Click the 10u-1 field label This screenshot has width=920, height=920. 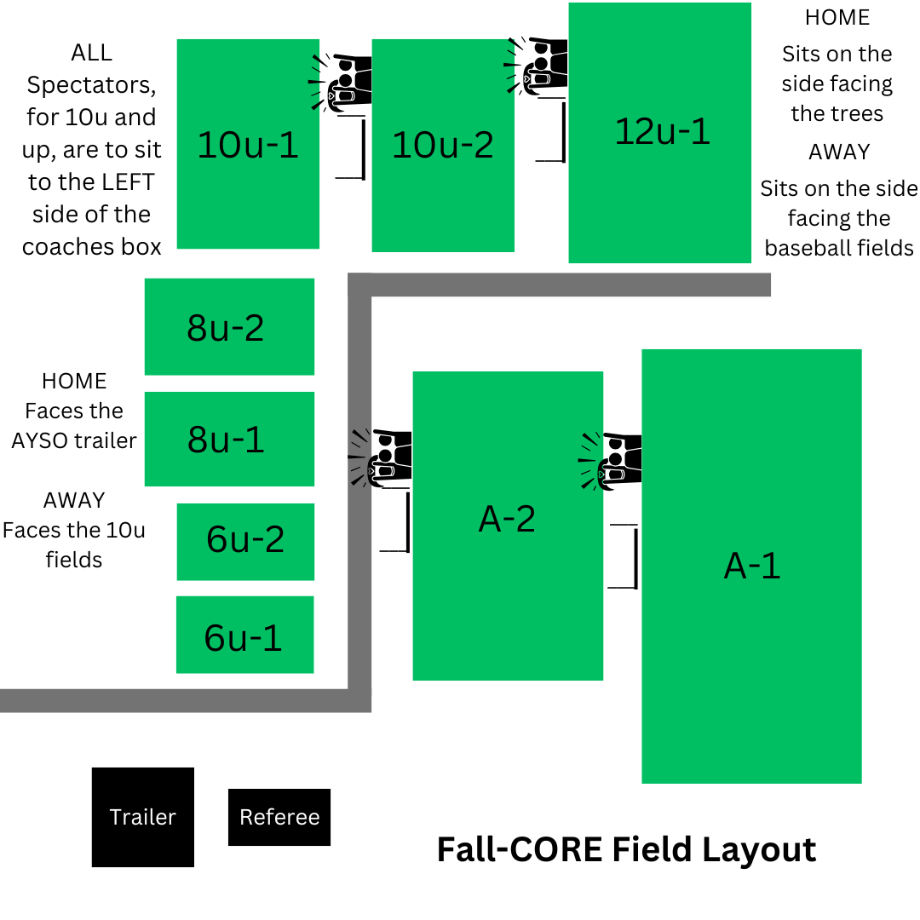(x=248, y=145)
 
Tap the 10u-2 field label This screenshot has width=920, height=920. (x=442, y=145)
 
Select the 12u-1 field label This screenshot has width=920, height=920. (x=662, y=131)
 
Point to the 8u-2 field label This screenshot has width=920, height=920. (x=226, y=327)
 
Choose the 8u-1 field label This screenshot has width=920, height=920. (x=226, y=439)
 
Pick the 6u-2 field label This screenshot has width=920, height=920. (x=245, y=539)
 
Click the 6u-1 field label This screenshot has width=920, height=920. (x=243, y=637)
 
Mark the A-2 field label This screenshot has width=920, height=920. (x=507, y=518)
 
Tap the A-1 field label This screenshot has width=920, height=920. (x=751, y=566)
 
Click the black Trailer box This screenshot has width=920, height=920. (x=143, y=817)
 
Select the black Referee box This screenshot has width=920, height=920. (x=279, y=817)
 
